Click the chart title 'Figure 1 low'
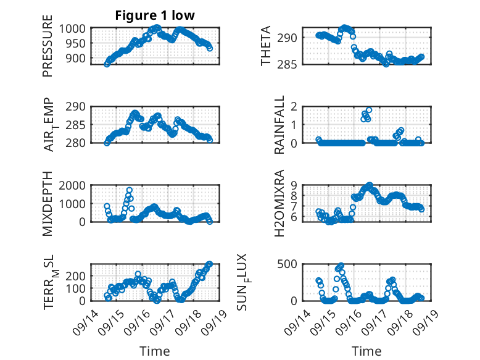tap(154, 16)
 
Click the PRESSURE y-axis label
tap(48, 50)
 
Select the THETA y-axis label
tap(266, 46)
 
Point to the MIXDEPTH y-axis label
tap(48, 203)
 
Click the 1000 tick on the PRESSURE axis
tap(75, 28)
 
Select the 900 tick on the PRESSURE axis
tap(78, 59)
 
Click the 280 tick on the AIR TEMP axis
tap(78, 143)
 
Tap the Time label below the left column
tap(154, 351)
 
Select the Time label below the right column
tap(366, 351)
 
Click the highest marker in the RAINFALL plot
tap(369, 111)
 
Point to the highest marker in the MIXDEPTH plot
tap(130, 190)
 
